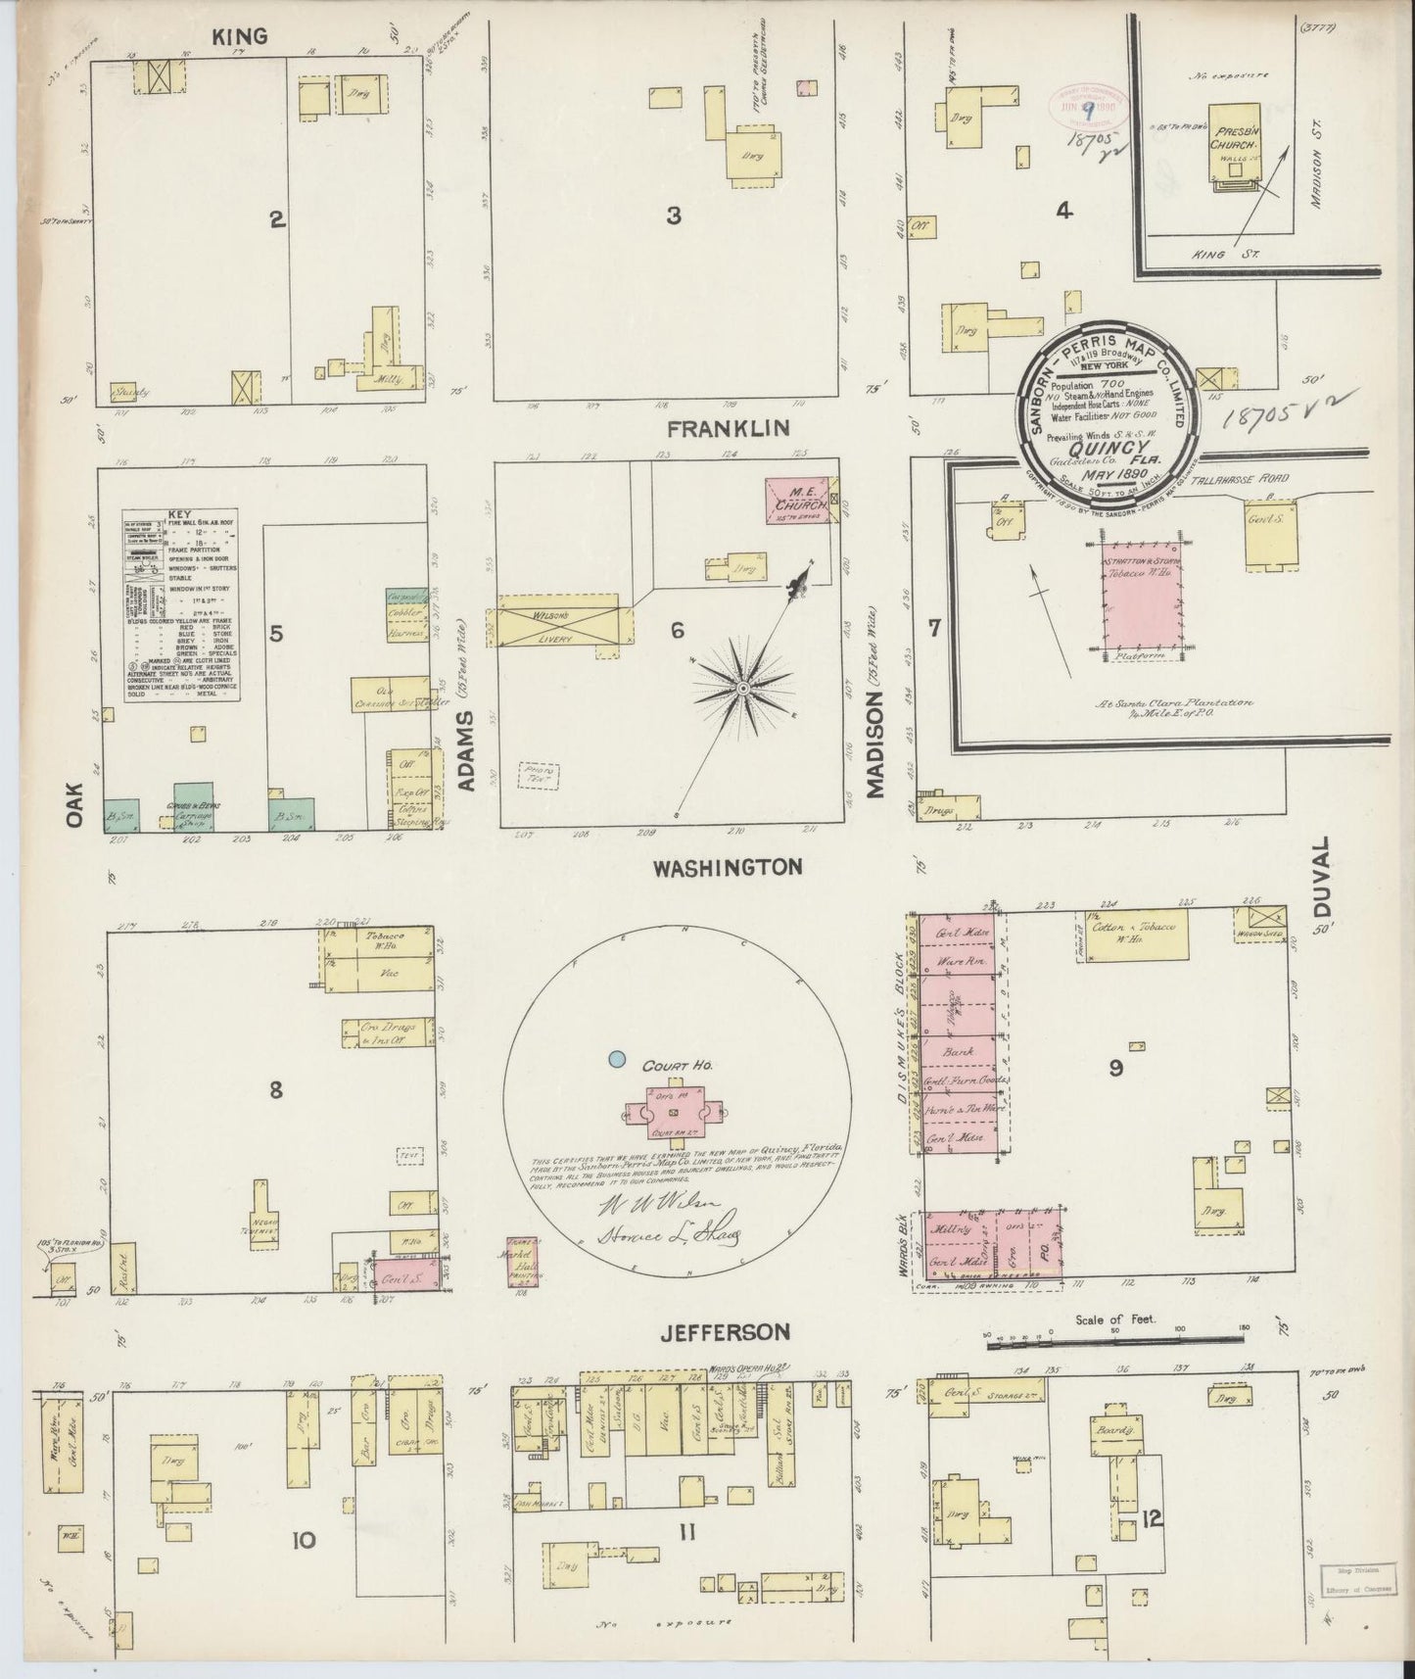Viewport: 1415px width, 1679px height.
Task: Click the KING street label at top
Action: pos(241,36)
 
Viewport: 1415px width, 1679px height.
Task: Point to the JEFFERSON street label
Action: pos(725,1331)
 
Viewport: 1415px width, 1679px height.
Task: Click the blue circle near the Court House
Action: pos(616,1058)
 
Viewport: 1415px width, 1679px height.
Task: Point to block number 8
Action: pos(276,1088)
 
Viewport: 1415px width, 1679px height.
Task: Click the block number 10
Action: pos(304,1541)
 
